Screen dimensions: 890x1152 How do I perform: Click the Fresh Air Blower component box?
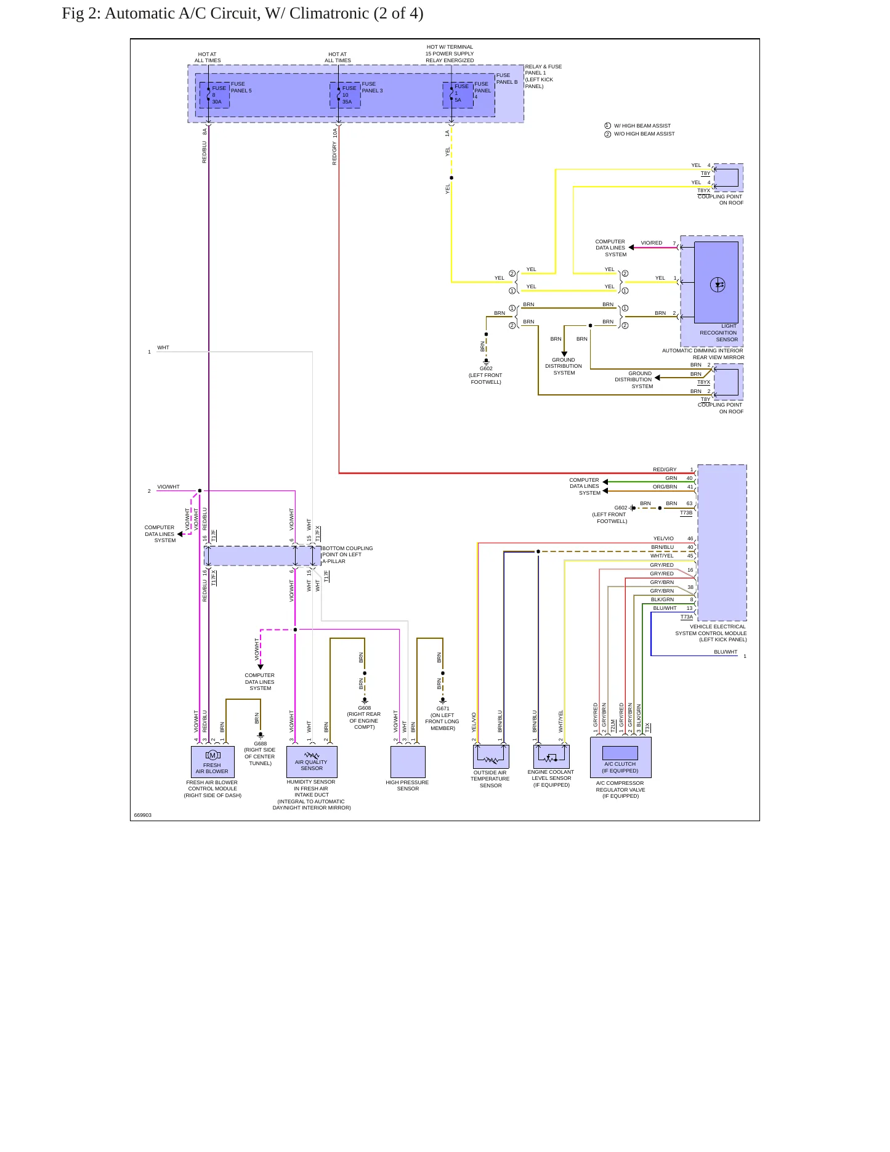(x=212, y=761)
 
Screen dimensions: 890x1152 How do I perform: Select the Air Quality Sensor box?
(x=312, y=761)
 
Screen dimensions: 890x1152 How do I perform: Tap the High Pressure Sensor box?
(x=408, y=761)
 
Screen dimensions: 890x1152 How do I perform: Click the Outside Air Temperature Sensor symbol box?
(x=491, y=756)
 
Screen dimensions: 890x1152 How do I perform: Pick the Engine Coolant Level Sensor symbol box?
(x=551, y=756)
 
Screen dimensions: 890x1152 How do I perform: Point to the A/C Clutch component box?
(x=620, y=757)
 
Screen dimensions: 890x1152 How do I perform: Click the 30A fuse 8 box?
(x=214, y=95)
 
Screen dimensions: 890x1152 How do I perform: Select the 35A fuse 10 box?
(x=345, y=95)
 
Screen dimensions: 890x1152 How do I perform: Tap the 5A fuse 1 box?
(x=458, y=95)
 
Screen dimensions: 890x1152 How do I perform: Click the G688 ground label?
(x=261, y=744)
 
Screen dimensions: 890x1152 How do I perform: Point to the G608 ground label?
(x=365, y=708)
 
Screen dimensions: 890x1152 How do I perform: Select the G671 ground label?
(x=443, y=708)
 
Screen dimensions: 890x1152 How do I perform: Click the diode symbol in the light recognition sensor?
(x=718, y=285)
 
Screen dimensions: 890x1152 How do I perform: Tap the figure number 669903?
(x=143, y=815)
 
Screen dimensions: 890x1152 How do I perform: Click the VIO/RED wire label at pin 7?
(x=652, y=243)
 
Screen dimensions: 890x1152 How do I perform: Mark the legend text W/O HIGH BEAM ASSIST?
(x=644, y=134)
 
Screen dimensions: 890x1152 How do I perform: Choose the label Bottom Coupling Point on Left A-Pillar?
(x=347, y=554)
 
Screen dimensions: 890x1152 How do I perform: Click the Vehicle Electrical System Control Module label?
(x=711, y=633)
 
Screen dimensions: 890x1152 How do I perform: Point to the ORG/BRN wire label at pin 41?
(x=665, y=487)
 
